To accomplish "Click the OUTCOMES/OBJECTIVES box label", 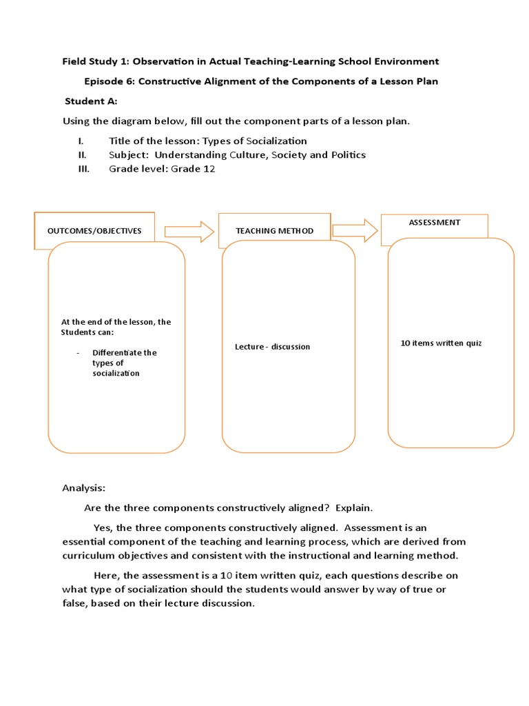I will (94, 231).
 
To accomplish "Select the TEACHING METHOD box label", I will (274, 231).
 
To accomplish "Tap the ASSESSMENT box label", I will (435, 223).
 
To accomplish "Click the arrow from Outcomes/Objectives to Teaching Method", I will (189, 231).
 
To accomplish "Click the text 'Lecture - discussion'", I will (272, 347).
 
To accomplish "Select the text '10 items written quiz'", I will (441, 343).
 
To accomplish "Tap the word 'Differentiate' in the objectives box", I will (125, 352).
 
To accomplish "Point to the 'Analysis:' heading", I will (84, 488).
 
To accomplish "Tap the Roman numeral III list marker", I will (83, 168).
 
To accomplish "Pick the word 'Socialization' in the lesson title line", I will (273, 141).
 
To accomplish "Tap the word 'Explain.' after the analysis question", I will (354, 508).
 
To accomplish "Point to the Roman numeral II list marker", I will (82, 154).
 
